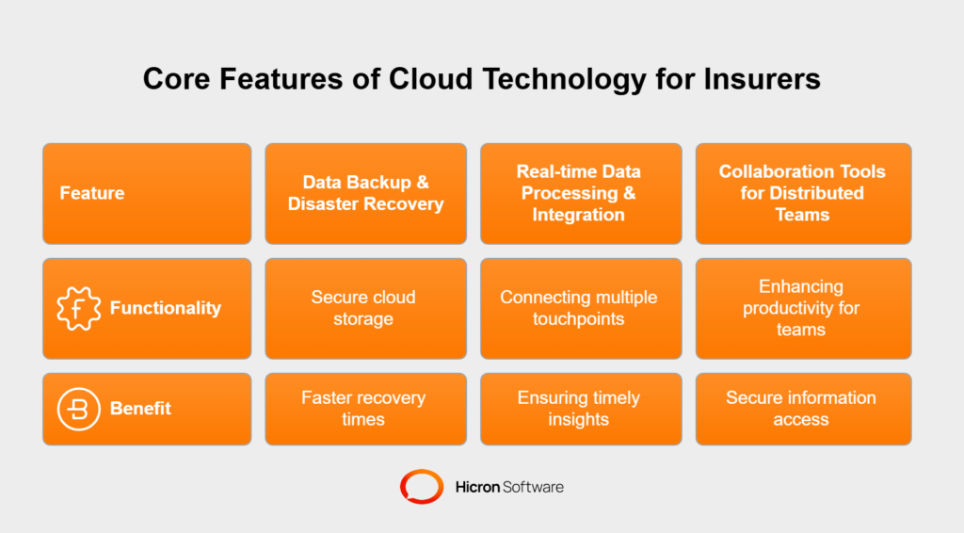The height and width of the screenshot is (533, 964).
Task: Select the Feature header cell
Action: [147, 194]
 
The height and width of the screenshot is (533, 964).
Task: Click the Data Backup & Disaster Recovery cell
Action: [366, 194]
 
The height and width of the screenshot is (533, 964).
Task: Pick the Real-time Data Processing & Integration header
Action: [581, 194]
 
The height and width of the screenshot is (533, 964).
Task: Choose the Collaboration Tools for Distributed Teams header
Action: [804, 194]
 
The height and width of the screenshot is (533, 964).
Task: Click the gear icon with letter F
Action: [78, 308]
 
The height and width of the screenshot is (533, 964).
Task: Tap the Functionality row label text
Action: [166, 308]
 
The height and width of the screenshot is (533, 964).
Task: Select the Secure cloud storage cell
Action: [366, 309]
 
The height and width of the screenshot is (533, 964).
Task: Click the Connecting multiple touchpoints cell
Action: [581, 309]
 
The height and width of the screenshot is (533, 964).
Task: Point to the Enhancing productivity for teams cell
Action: [804, 309]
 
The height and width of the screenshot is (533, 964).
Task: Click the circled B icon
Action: [78, 409]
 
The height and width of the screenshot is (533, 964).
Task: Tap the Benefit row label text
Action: [140, 409]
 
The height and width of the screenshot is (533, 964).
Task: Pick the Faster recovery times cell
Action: [366, 409]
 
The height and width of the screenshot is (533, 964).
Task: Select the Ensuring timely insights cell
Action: [581, 409]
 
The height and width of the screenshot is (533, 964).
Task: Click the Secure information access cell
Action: [804, 409]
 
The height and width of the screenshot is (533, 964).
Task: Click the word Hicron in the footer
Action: [477, 487]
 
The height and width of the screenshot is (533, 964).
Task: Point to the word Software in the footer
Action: [533, 487]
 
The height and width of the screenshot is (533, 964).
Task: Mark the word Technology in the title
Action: [564, 80]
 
